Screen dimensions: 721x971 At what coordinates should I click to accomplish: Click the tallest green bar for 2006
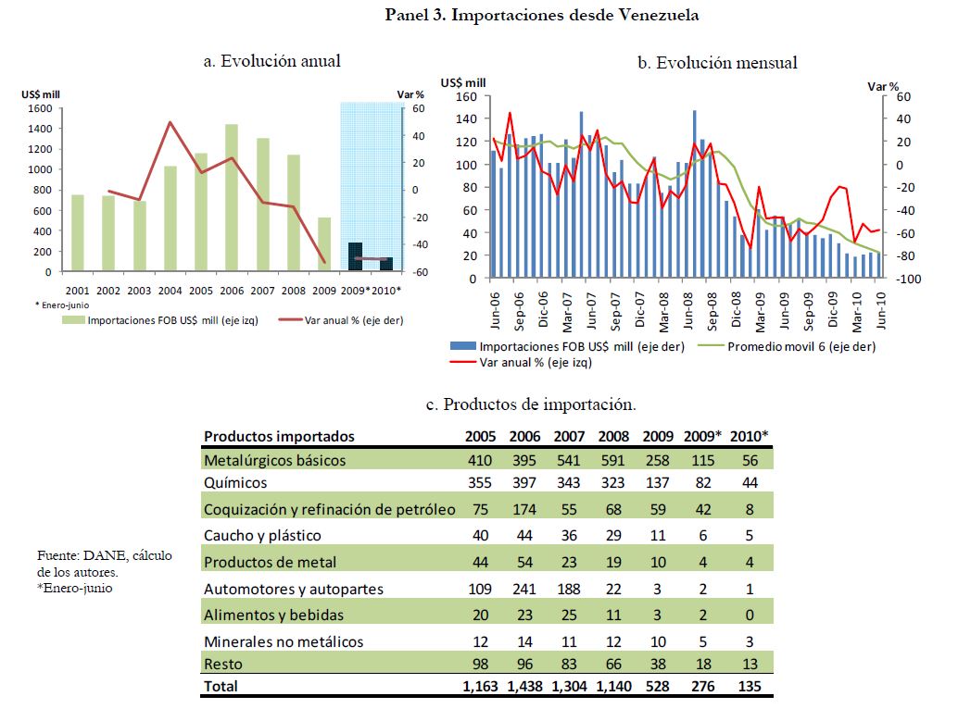click(x=232, y=198)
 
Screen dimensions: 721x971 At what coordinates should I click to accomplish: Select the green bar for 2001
click(x=78, y=233)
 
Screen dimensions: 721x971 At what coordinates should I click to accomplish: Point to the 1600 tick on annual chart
click(x=40, y=108)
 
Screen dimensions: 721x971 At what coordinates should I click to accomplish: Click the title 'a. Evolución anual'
click(x=271, y=61)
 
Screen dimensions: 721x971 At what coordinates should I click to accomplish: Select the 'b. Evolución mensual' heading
click(x=717, y=63)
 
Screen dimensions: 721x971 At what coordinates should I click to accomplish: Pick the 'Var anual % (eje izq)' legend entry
click(x=536, y=362)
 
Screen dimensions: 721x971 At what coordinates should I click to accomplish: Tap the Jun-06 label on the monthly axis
click(x=497, y=312)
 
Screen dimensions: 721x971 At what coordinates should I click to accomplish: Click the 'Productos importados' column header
click(x=279, y=437)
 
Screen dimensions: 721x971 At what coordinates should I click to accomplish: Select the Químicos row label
click(x=235, y=483)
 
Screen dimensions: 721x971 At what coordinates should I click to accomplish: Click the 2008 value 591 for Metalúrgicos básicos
click(x=615, y=460)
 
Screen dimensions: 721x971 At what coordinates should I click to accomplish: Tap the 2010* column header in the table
click(x=749, y=437)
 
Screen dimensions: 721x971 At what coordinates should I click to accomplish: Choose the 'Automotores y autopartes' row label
click(x=293, y=589)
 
